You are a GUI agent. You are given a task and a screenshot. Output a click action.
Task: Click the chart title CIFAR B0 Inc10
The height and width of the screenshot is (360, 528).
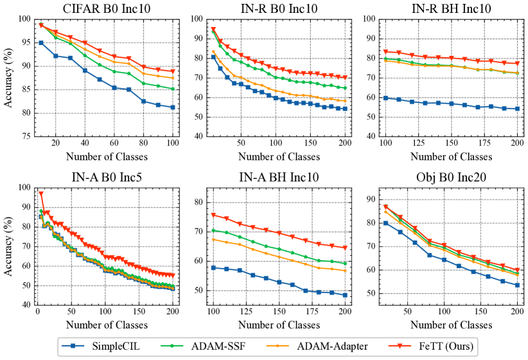107,8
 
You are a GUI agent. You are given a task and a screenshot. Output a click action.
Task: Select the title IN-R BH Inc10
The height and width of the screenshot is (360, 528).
452,8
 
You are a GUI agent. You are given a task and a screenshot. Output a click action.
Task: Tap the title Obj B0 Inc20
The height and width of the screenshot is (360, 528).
452,178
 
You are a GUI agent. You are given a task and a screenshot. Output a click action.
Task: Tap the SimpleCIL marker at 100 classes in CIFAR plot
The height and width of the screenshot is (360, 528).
172,107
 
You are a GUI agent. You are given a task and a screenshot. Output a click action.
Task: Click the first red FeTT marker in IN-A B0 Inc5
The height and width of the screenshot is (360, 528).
41,193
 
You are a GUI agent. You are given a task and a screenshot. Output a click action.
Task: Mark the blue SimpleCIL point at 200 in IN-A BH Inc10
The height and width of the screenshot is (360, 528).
344,295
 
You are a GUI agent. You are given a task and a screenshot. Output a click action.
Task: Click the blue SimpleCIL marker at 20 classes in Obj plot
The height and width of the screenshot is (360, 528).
385,223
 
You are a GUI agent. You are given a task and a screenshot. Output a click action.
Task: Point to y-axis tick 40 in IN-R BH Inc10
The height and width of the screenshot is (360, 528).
371,136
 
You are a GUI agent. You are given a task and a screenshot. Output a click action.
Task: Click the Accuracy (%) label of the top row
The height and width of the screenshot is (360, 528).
10,77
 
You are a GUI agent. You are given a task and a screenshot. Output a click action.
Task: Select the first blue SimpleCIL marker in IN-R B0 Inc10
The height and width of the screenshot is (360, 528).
213,57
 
